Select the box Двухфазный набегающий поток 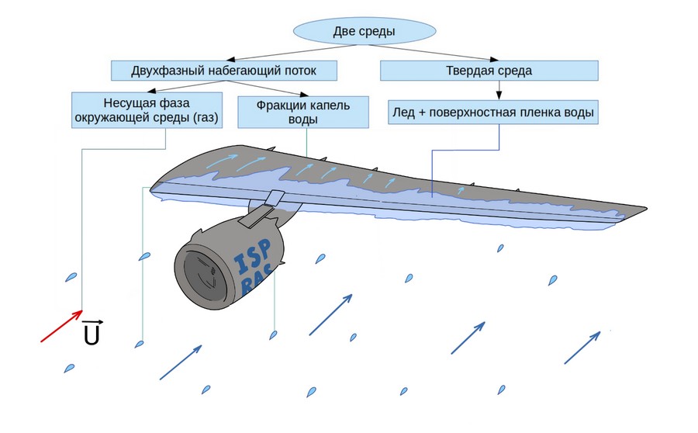(x=225, y=71)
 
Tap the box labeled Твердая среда (x=489, y=71)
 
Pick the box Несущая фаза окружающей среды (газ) (x=146, y=109)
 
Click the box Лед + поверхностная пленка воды (x=492, y=113)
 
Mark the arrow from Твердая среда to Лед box (x=498, y=91)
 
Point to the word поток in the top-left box (x=317, y=71)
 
